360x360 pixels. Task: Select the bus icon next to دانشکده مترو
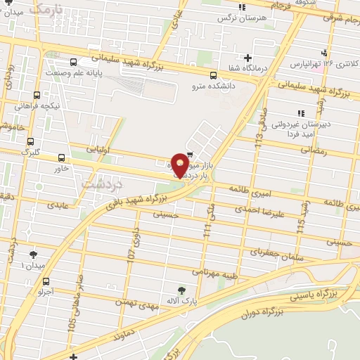click(213, 75)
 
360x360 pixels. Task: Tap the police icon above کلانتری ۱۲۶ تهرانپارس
click(324, 53)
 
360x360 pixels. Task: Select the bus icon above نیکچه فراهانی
click(37, 95)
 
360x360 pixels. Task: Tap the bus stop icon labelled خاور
click(61, 158)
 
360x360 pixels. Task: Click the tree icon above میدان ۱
click(33, 255)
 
